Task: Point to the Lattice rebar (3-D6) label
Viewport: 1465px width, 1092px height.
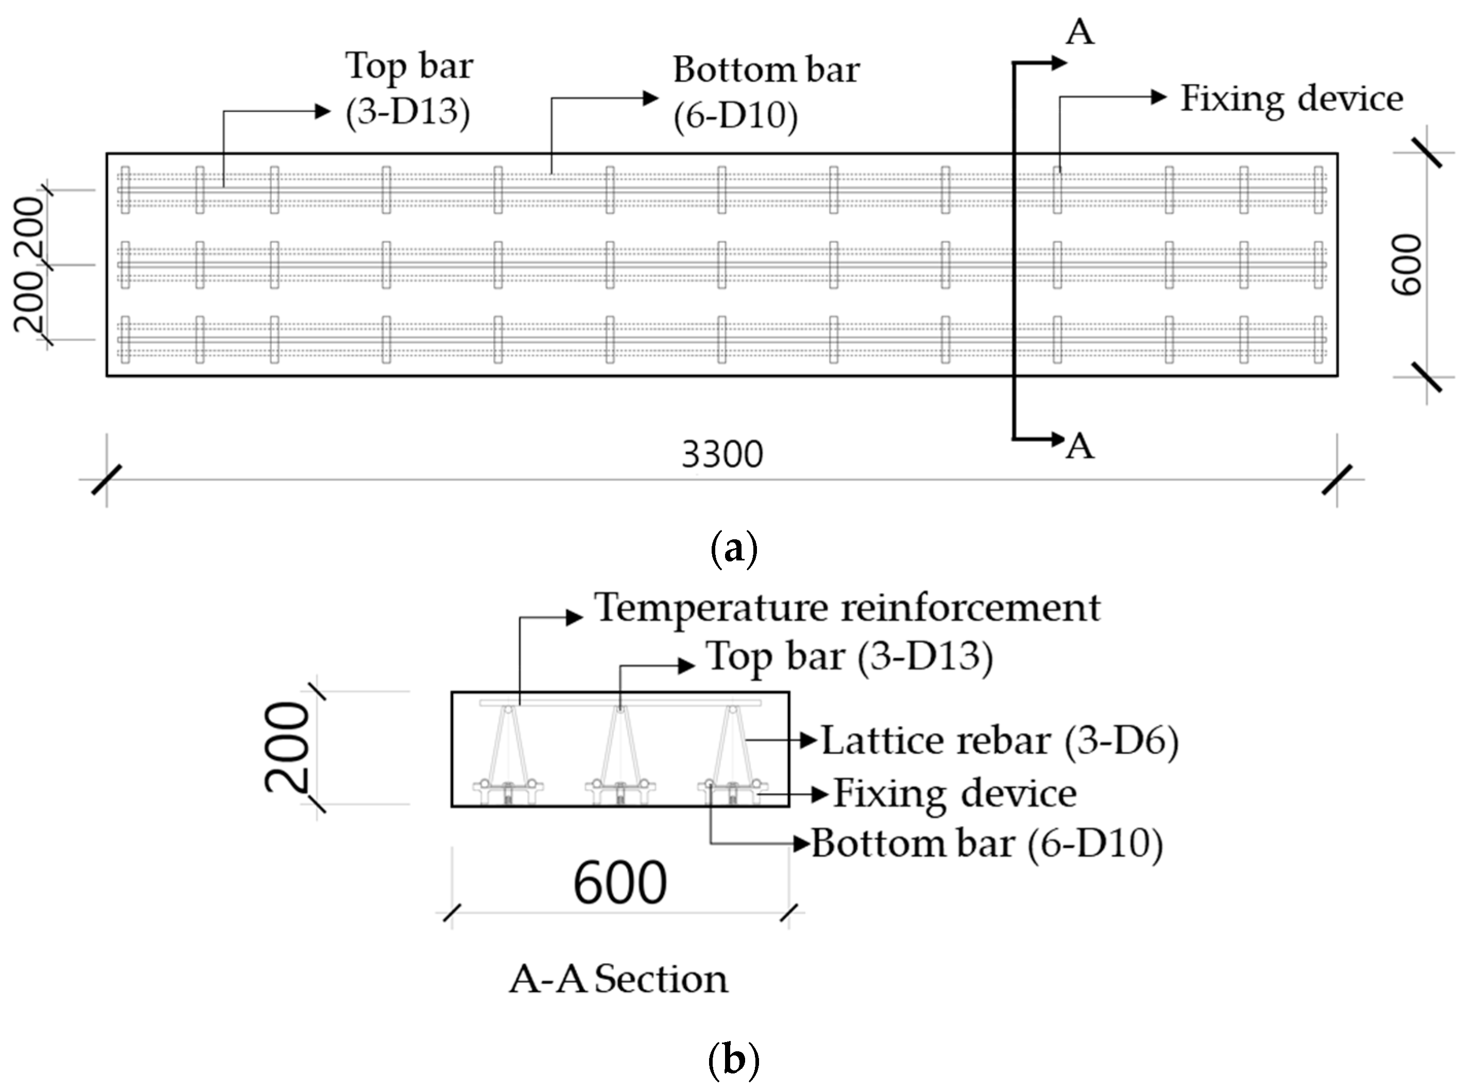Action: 999,741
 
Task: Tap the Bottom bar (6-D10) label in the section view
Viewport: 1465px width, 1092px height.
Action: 987,844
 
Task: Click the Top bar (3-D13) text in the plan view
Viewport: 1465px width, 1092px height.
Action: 408,89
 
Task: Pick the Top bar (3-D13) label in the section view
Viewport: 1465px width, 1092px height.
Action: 849,657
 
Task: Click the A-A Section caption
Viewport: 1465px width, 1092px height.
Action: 618,980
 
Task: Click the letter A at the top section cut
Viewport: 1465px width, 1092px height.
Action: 1080,32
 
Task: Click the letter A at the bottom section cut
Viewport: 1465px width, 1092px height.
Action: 1080,447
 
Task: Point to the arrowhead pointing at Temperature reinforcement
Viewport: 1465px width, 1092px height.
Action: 574,618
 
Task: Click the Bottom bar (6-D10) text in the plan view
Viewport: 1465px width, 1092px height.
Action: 766,93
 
